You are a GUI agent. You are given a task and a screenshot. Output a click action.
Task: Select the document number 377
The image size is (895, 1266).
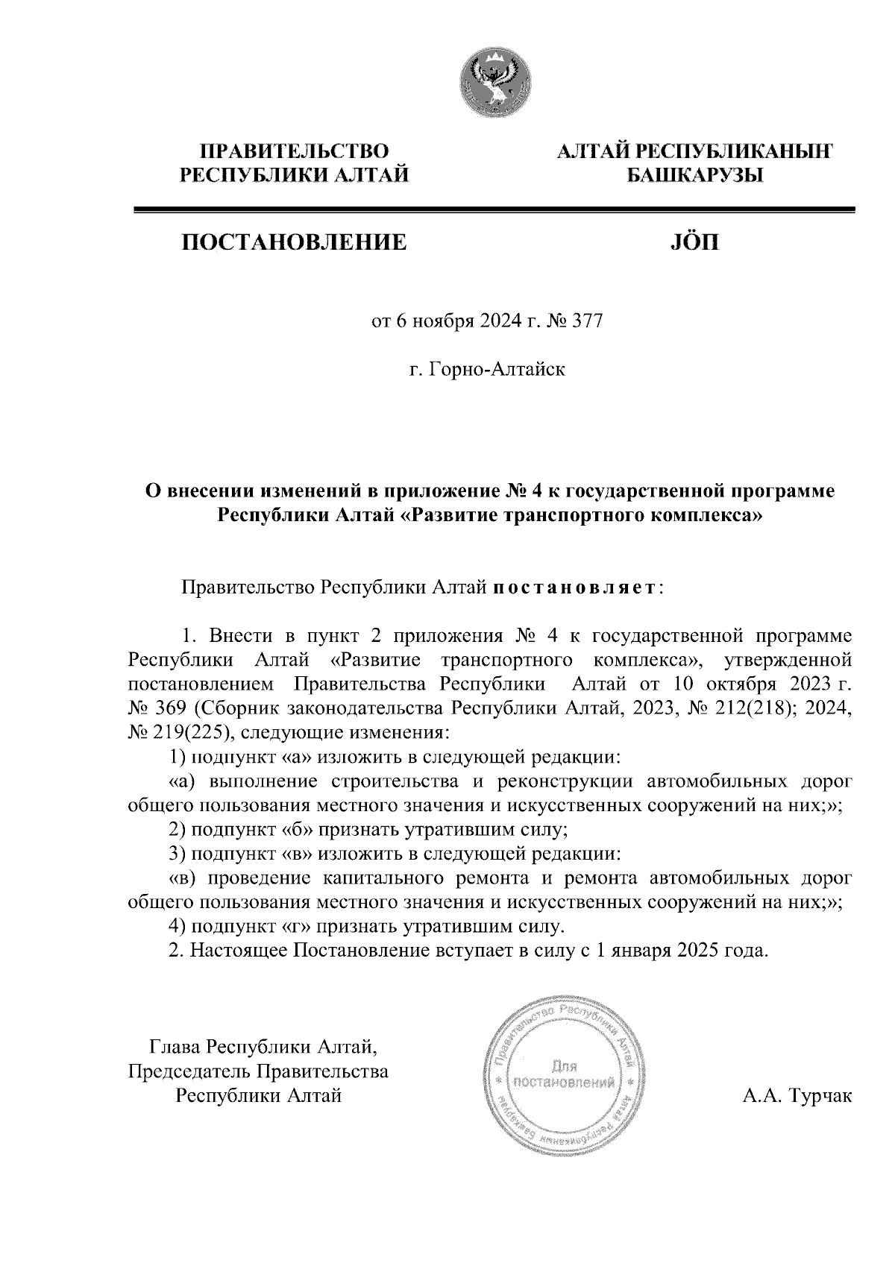[586, 322]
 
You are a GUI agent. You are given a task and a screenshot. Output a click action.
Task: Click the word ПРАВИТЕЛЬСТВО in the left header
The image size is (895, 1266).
[294, 151]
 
